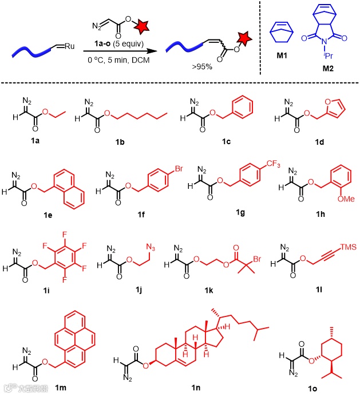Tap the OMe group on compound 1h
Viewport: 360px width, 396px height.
(338, 215)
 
